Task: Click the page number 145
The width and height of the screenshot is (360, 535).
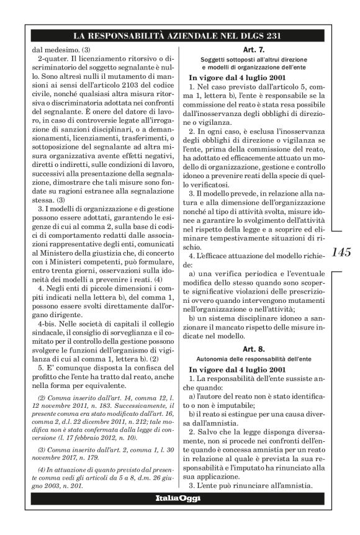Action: click(x=342, y=253)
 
